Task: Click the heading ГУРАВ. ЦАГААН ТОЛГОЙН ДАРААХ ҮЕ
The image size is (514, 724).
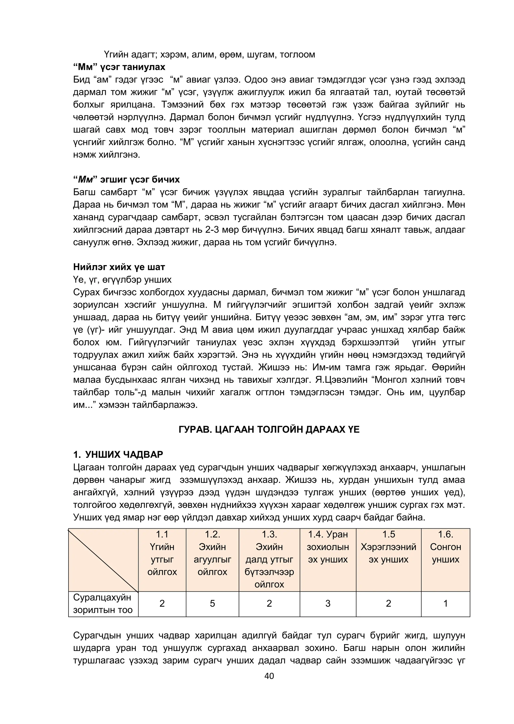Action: coord(269,429)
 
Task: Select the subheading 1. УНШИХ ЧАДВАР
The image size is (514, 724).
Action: coord(118,455)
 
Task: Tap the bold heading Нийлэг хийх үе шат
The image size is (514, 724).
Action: coord(119,267)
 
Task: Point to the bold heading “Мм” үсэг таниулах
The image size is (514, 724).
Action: coord(119,67)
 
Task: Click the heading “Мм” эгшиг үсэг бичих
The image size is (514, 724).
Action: coord(126,180)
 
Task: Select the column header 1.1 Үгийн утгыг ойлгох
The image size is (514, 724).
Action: coord(162,553)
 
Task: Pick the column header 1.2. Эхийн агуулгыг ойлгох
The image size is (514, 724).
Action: coord(212,553)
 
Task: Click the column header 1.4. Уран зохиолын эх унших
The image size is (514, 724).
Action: coord(328,547)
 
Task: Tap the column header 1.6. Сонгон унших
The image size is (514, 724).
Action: coord(445,547)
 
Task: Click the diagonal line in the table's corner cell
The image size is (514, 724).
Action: coord(103,560)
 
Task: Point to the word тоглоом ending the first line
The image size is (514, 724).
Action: coord(297,54)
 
